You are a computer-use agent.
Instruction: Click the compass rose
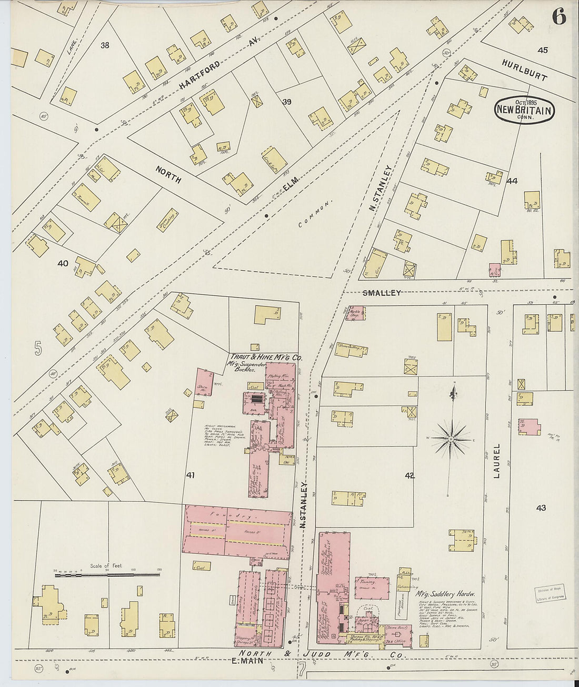(x=451, y=437)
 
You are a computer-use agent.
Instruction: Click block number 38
(x=105, y=45)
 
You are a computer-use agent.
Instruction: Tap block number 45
(x=543, y=50)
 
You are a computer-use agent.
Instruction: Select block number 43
(x=541, y=508)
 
